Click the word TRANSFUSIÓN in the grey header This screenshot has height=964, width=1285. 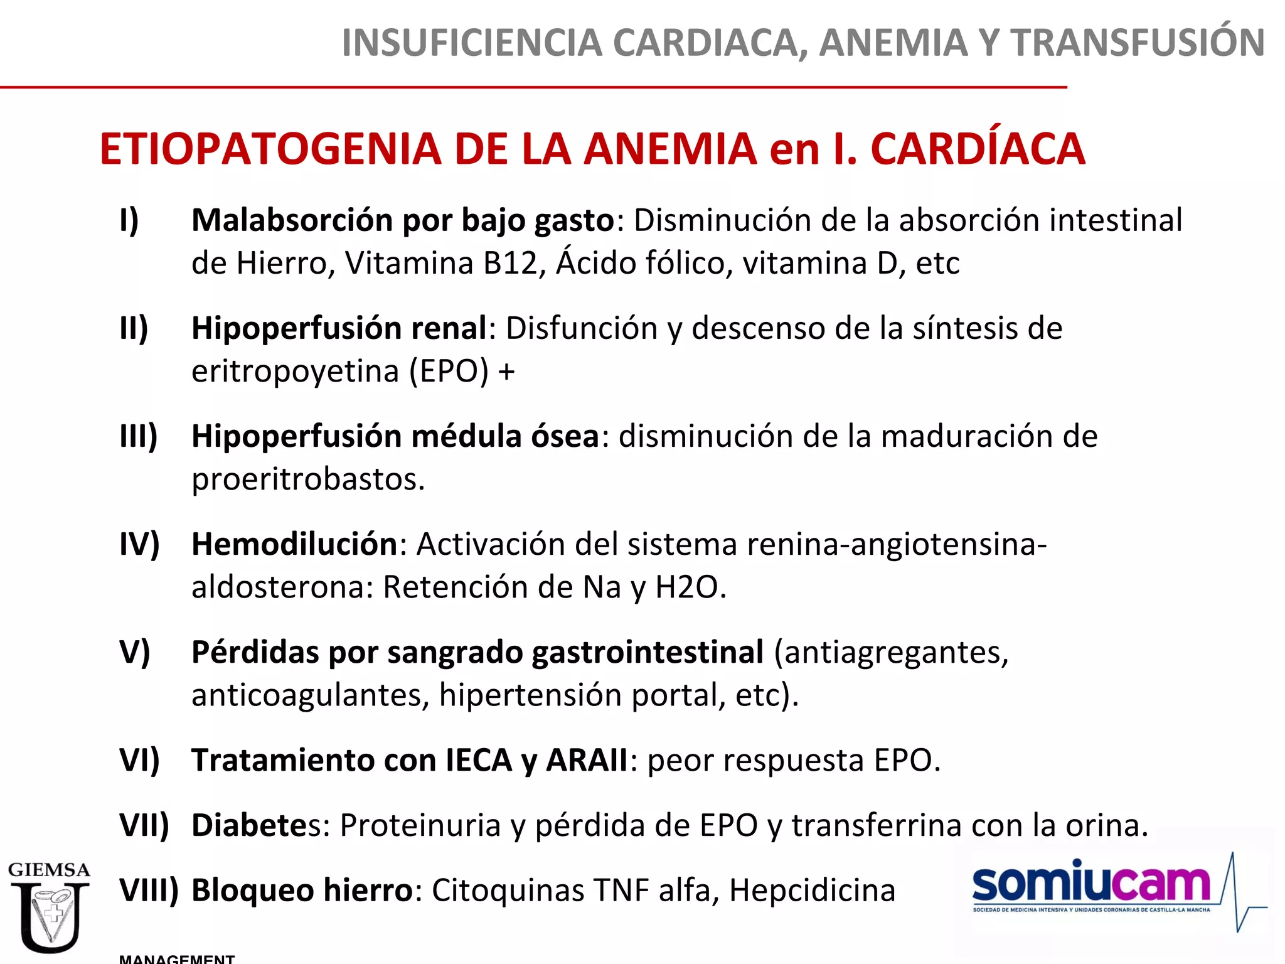(x=1137, y=43)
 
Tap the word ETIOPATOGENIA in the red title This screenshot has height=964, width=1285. (x=270, y=149)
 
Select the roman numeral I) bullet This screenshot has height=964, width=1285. (x=129, y=220)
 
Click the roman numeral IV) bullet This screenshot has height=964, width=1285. (x=139, y=544)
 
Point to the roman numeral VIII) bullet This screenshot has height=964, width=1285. (x=149, y=890)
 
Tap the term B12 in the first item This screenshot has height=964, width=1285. (x=511, y=263)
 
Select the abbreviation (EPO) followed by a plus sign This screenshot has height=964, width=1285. (x=449, y=371)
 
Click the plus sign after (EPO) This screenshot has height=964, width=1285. (x=506, y=372)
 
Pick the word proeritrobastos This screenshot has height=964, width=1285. (x=308, y=479)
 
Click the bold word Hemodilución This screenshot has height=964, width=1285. (x=294, y=544)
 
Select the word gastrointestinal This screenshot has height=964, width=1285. (x=648, y=652)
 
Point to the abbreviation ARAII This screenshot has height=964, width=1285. (x=587, y=761)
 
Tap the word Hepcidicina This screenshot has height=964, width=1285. (x=812, y=890)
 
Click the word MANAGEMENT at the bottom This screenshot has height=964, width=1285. (x=177, y=958)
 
